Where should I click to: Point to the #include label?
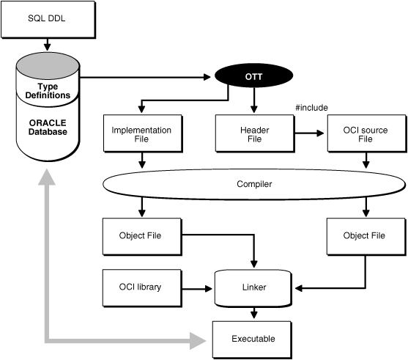click(311, 108)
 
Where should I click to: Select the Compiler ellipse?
click(254, 185)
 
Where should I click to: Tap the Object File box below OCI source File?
click(364, 235)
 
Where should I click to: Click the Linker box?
click(254, 287)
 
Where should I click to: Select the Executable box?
click(254, 339)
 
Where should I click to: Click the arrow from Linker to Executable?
click(254, 312)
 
